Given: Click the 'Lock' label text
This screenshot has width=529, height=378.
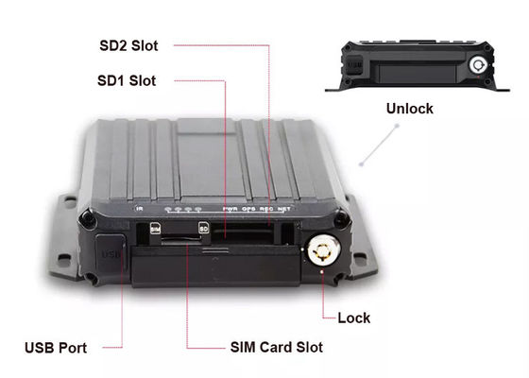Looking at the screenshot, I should click(x=355, y=318).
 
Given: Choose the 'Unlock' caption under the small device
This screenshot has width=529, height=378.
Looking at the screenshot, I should click(x=409, y=109).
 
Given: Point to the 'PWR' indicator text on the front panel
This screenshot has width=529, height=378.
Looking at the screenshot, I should click(x=230, y=208).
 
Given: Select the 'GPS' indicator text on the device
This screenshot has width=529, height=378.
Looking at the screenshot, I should click(x=247, y=208).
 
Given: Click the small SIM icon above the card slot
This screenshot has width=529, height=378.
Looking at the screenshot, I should click(x=155, y=228).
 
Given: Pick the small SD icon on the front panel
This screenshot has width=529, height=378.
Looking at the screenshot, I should click(x=203, y=228).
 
